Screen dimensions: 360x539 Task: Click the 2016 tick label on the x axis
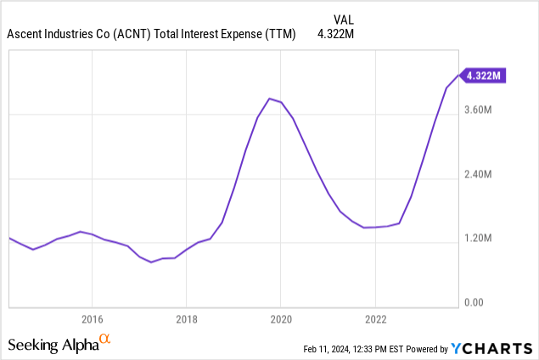click(x=92, y=319)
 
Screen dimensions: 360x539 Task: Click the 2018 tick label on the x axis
click(x=187, y=319)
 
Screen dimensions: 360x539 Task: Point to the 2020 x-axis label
click(x=281, y=319)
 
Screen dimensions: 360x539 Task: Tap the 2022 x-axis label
click(x=376, y=319)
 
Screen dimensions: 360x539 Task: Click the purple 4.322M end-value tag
click(x=482, y=76)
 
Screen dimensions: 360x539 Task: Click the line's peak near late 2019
click(x=269, y=98)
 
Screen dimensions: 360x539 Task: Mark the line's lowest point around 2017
click(x=151, y=262)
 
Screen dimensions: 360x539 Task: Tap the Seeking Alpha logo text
click(x=52, y=345)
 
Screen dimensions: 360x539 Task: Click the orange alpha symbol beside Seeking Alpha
click(x=105, y=340)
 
